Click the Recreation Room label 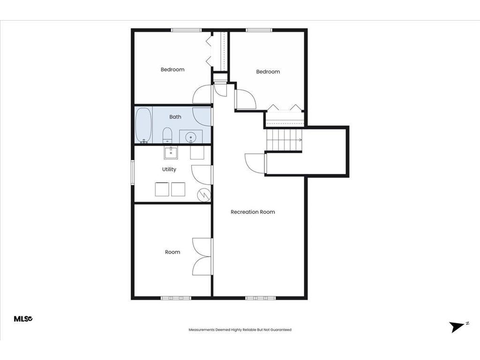pyautogui.click(x=253, y=212)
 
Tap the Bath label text pyautogui.click(x=175, y=117)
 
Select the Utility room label pyautogui.click(x=169, y=169)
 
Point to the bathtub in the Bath pyautogui.click(x=143, y=125)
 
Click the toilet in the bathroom pyautogui.click(x=167, y=136)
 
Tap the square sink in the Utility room pyautogui.click(x=171, y=152)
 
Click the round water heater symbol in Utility pyautogui.click(x=204, y=195)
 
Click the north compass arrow pyautogui.click(x=455, y=327)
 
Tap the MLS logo pyautogui.click(x=23, y=319)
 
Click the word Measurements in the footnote pyautogui.click(x=202, y=330)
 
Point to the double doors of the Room pyautogui.click(x=202, y=256)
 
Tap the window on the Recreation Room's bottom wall pyautogui.click(x=258, y=298)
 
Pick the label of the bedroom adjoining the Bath pyautogui.click(x=172, y=69)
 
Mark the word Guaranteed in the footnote pyautogui.click(x=280, y=330)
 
